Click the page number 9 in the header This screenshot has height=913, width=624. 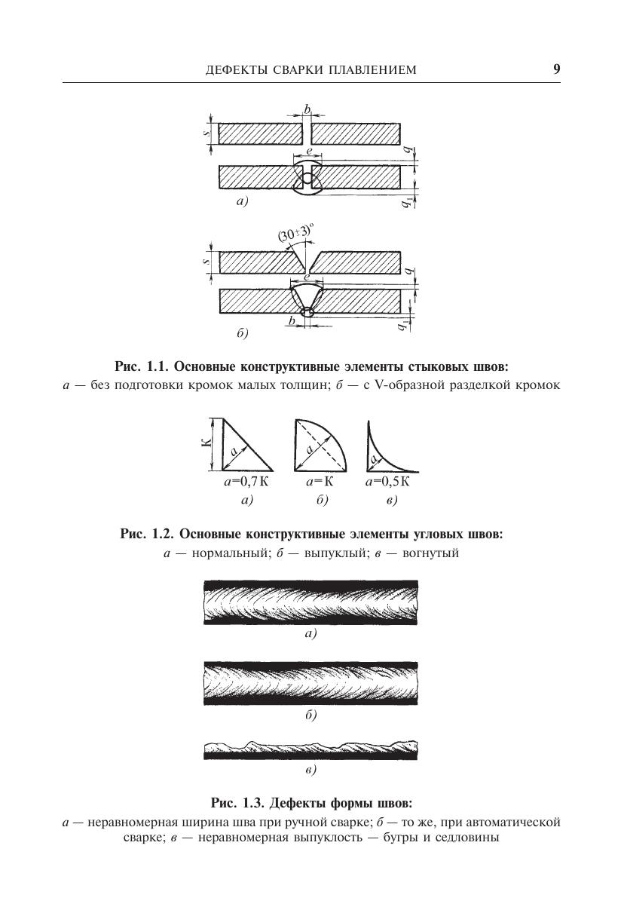[556, 69]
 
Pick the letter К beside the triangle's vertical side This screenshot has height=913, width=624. [206, 443]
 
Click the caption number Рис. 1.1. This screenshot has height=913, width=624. [142, 367]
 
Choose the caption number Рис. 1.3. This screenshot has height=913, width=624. [237, 801]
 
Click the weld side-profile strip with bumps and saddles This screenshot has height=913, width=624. [310, 750]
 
